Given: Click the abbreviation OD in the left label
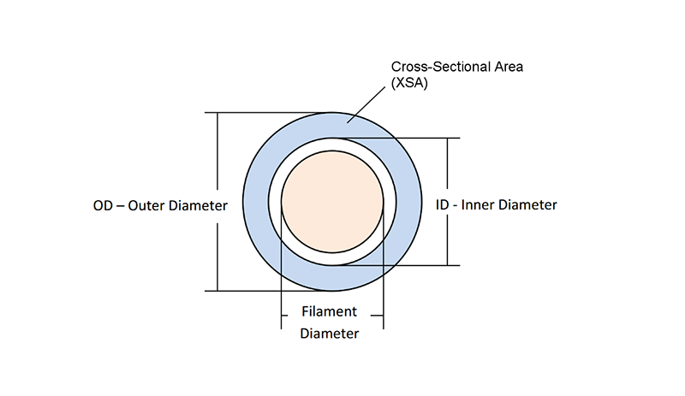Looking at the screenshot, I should [104, 206].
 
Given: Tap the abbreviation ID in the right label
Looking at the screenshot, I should [444, 205].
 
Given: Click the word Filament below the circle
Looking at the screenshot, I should [329, 311].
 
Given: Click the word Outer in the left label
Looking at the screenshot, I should [149, 206].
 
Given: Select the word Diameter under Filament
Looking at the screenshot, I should [329, 334].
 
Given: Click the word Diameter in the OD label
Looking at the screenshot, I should [200, 206].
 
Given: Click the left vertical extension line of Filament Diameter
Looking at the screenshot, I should [282, 282].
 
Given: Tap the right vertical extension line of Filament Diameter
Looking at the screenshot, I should [383, 282].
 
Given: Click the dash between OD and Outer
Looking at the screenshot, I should [122, 206].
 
